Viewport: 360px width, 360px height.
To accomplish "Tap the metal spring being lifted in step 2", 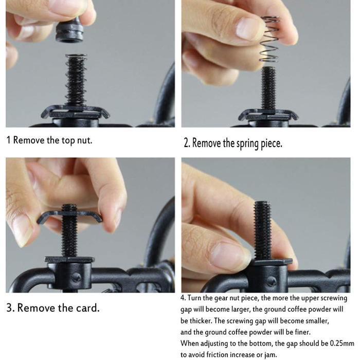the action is (269, 39).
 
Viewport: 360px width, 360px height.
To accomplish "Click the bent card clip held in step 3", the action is (69, 217).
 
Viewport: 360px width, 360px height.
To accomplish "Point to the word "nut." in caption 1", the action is (84, 140).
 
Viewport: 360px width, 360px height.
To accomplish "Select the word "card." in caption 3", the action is (88, 308).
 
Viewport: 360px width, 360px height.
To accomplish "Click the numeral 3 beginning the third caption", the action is (9, 308).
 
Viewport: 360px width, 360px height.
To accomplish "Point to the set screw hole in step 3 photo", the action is (76, 278).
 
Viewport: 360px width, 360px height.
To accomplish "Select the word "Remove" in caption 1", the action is (29, 140).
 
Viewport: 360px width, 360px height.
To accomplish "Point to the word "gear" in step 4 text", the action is (221, 298).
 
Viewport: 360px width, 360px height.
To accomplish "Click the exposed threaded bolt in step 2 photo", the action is (268, 88).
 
